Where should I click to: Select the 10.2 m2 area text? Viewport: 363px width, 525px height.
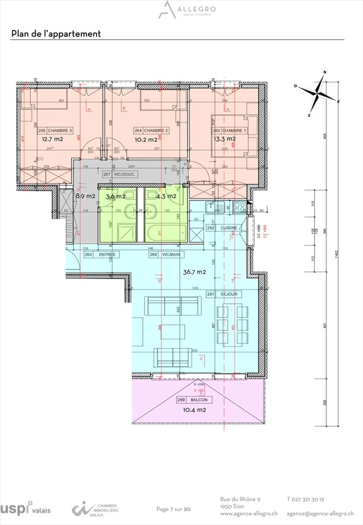(x=146, y=140)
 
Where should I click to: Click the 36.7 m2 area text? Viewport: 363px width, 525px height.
(x=194, y=272)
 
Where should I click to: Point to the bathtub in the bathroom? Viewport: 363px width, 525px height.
(x=166, y=233)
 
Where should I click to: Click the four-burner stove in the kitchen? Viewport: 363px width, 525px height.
(x=240, y=207)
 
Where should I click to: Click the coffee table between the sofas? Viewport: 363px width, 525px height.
(x=173, y=332)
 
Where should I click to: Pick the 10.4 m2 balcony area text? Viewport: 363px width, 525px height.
(x=194, y=410)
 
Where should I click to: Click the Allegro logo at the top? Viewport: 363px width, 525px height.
(x=187, y=10)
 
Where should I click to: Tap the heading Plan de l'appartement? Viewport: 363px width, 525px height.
(x=56, y=34)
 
